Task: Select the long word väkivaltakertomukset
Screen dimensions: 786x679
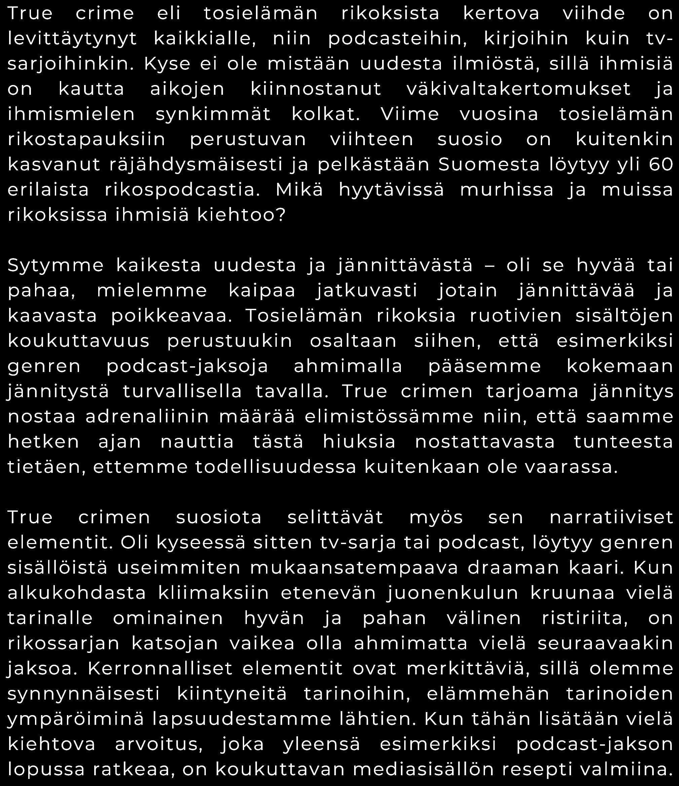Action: pos(519,89)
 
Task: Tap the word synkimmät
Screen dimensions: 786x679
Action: pos(213,115)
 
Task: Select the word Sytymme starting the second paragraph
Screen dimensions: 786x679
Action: pos(55,265)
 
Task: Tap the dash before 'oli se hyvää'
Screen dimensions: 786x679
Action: pos(490,266)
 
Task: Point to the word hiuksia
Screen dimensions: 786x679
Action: pos(359,442)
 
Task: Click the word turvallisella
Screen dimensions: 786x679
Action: pos(182,391)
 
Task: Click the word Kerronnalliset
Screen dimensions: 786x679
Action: pos(160,668)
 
